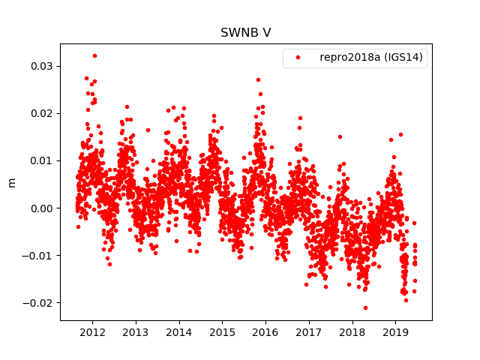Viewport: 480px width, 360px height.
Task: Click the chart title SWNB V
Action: (x=245, y=33)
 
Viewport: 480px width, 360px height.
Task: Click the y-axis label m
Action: (x=11, y=182)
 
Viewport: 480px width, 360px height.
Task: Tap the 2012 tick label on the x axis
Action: (x=92, y=332)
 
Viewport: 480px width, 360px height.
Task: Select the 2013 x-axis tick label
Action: (x=136, y=332)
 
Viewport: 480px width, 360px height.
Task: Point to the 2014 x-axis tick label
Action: (x=178, y=332)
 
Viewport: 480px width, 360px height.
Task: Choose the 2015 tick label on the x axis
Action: (x=222, y=332)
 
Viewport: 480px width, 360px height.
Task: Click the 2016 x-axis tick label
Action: (x=265, y=332)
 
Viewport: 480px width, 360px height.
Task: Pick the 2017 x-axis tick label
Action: (x=309, y=332)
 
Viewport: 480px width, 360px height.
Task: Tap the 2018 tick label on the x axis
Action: (x=352, y=332)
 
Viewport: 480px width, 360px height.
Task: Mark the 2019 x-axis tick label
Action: (x=395, y=332)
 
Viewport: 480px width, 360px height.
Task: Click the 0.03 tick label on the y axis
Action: (x=42, y=66)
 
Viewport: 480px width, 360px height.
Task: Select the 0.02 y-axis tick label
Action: (x=42, y=113)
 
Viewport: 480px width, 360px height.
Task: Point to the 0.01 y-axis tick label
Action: (x=42, y=160)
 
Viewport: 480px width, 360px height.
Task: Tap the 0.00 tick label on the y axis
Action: (x=42, y=208)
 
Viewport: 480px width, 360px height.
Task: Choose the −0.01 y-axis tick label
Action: (x=39, y=255)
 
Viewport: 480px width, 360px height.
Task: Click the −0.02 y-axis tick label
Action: (x=39, y=302)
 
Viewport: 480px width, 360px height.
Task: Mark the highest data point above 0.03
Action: (x=94, y=55)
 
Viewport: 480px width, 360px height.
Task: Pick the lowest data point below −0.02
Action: (x=365, y=307)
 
